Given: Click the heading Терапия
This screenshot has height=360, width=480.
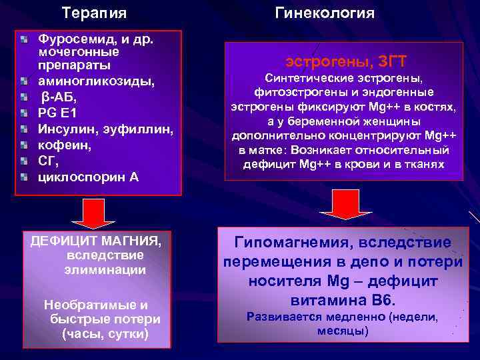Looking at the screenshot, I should pyautogui.click(x=94, y=13).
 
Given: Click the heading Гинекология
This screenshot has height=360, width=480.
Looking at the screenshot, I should pyautogui.click(x=325, y=13).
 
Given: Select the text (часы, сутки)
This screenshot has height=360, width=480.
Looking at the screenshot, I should pyautogui.click(x=105, y=333).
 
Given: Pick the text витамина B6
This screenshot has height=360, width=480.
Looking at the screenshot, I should pyautogui.click(x=343, y=300).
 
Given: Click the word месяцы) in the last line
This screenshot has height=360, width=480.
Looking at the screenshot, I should pyautogui.click(x=343, y=331).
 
